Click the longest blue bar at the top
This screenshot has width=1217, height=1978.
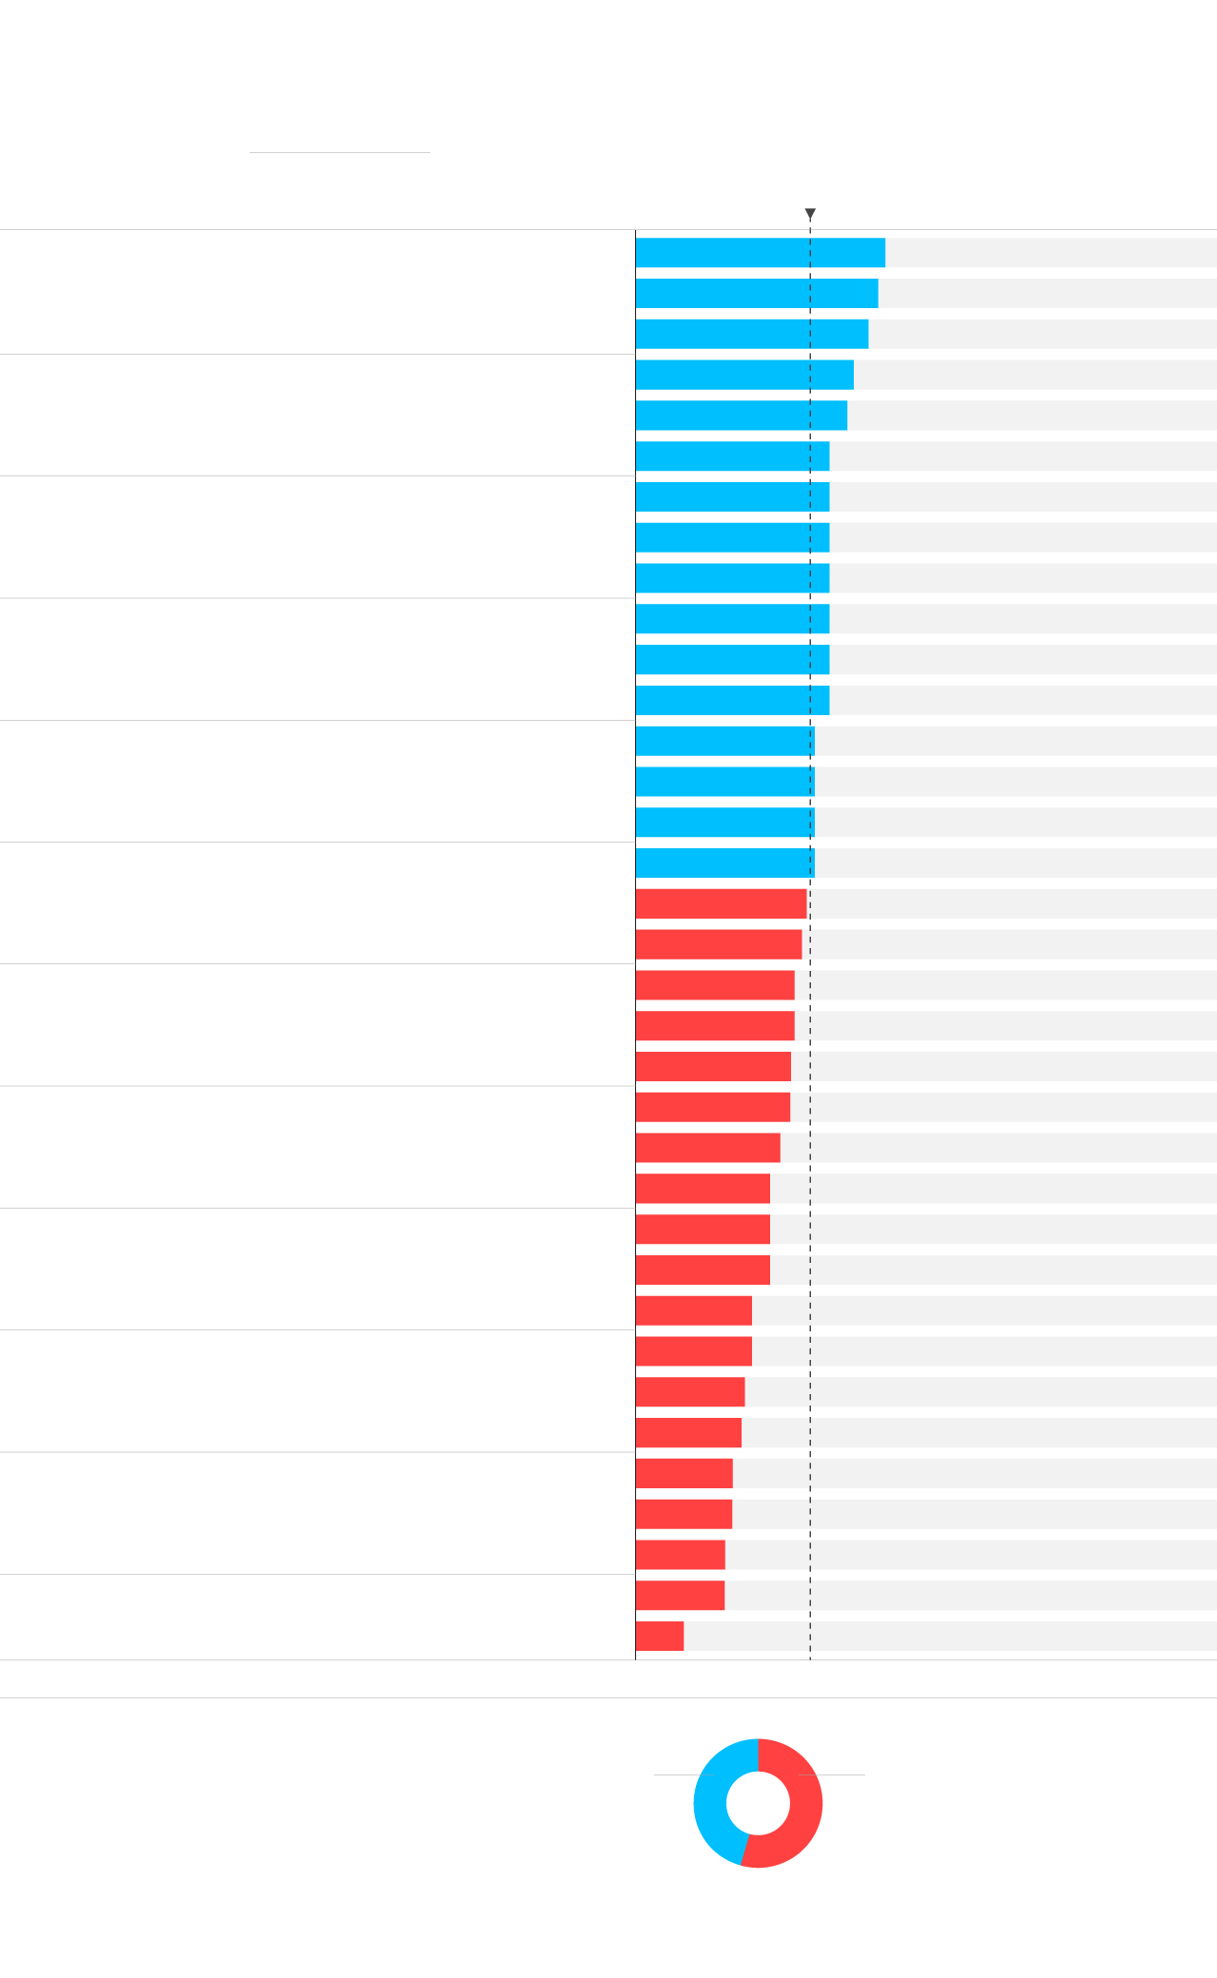(760, 253)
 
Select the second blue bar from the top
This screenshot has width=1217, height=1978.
(756, 293)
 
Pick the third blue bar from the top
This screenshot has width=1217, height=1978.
(751, 334)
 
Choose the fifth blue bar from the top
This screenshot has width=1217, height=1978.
(741, 416)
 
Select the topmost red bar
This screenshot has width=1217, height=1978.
(721, 903)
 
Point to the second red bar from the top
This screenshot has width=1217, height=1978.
(718, 944)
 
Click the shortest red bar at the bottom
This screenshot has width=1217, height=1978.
(659, 1636)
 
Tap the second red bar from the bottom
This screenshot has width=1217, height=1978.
(680, 1595)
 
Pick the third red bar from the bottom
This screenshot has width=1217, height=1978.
(680, 1555)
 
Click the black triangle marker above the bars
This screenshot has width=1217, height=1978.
(810, 214)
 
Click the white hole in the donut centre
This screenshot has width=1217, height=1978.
(758, 1803)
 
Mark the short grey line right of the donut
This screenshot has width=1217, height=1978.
(841, 1774)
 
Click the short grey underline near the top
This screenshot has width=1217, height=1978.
(339, 152)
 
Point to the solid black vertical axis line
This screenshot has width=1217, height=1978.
(635, 951)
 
